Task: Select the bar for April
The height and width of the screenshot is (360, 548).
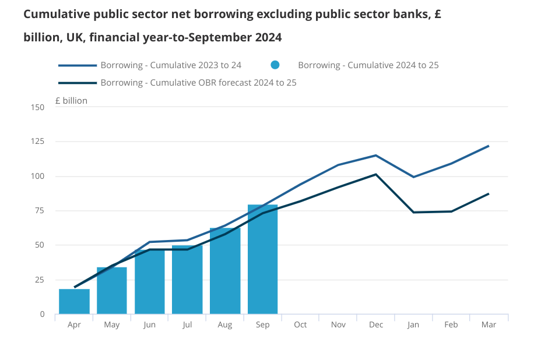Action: click(74, 301)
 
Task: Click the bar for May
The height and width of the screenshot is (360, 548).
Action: click(112, 290)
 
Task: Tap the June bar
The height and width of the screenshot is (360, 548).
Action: click(149, 282)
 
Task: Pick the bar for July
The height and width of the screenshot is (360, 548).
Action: click(187, 280)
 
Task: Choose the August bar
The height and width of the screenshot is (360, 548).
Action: click(225, 271)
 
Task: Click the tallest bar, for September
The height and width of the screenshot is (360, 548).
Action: click(262, 259)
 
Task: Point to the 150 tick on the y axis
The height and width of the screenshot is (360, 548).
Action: click(37, 107)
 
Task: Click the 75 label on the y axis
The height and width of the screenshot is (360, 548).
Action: click(40, 211)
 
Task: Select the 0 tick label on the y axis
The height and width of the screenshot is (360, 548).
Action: click(42, 314)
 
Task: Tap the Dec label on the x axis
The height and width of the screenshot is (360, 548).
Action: click(376, 325)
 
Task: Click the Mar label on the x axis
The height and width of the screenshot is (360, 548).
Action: click(489, 325)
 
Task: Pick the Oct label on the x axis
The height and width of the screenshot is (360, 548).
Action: click(300, 325)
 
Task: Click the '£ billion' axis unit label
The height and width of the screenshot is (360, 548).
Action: click(71, 101)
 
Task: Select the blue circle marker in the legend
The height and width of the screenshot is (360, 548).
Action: click(276, 65)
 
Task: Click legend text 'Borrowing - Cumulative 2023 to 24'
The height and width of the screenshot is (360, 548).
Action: click(171, 65)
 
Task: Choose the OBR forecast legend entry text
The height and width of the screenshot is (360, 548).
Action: click(198, 83)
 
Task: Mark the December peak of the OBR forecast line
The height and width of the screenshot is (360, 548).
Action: click(376, 174)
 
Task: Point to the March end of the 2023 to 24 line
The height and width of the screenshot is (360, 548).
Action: click(489, 146)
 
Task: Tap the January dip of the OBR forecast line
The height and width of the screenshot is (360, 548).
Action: click(413, 212)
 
